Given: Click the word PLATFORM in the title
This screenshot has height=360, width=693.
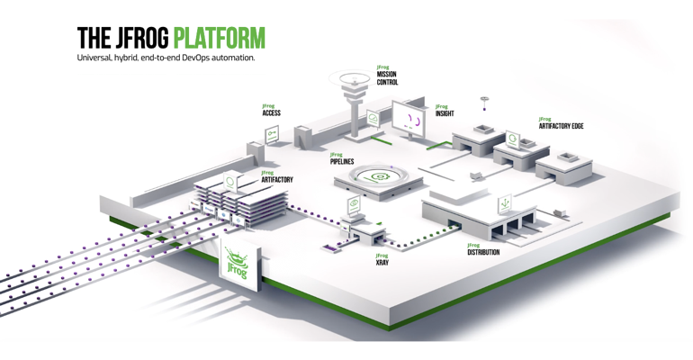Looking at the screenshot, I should pyautogui.click(x=219, y=38).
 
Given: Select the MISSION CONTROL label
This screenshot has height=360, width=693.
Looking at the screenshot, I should pyautogui.click(x=387, y=78).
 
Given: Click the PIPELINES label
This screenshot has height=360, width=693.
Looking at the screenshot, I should pyautogui.click(x=342, y=161).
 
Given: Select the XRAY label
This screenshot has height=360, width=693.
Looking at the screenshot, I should pyautogui.click(x=382, y=263).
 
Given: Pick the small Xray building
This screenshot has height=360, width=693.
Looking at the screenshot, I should pyautogui.click(x=364, y=231).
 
